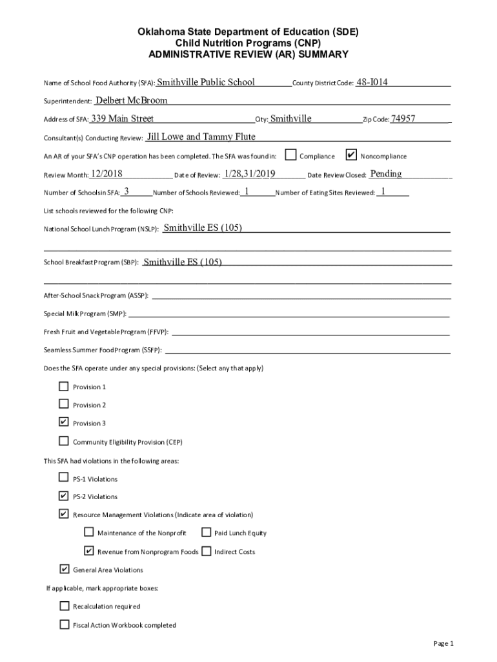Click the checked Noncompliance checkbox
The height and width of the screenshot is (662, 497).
(x=351, y=155)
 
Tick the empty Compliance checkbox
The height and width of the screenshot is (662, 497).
(x=291, y=155)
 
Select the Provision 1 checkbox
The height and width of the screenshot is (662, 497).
(x=63, y=387)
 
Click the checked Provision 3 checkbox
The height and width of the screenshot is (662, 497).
(x=63, y=423)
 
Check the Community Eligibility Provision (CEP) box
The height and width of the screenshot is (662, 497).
(x=63, y=442)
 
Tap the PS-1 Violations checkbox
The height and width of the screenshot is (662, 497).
(x=63, y=478)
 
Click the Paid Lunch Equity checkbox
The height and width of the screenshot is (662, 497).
(x=206, y=533)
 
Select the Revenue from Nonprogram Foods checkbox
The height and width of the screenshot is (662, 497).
(x=88, y=551)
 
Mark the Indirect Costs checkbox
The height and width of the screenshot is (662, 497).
(x=206, y=551)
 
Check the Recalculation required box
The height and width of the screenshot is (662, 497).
(x=64, y=606)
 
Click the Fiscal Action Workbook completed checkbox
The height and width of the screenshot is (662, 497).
(x=64, y=625)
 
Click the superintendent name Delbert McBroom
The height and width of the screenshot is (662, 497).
(x=131, y=100)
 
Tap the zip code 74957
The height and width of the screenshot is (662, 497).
(x=403, y=119)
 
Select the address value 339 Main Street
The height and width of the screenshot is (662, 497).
(x=122, y=118)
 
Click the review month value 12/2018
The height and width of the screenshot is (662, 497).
(x=107, y=173)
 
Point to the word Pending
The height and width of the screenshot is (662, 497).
(x=386, y=173)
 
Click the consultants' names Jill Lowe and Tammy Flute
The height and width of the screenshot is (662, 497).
(x=201, y=136)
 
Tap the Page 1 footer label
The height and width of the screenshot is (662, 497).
(x=444, y=643)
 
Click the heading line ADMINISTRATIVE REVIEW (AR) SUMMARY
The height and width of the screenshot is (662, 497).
(x=249, y=55)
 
